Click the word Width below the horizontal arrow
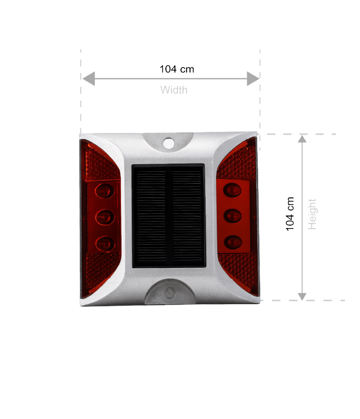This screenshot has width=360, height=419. tap(174, 91)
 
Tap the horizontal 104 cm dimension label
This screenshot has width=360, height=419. tap(177, 69)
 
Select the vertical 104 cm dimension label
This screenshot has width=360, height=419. tap(291, 214)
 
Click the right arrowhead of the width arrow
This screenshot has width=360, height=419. tap(253, 79)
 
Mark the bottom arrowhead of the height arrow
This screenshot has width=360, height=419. tap(302, 296)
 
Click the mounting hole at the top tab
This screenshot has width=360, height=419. tap(168, 144)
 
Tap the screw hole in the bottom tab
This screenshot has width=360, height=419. tap(170, 293)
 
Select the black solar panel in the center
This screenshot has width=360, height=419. tap(168, 216)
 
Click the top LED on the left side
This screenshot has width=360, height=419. tap(105, 191)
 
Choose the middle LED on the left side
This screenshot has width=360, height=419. tap(105, 217)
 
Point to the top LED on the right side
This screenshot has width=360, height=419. tap(233, 190)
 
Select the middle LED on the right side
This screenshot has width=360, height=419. tap(233, 216)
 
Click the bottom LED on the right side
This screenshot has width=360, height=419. tap(233, 242)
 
